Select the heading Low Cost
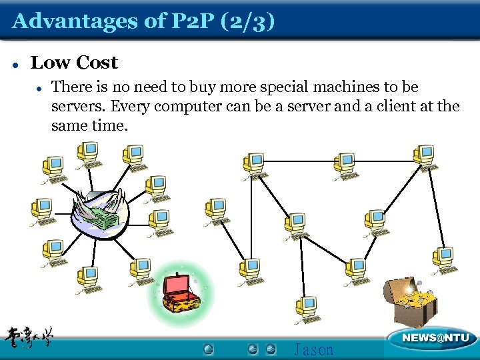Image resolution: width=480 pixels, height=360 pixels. click(74, 63)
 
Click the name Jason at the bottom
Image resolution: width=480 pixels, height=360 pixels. click(313, 349)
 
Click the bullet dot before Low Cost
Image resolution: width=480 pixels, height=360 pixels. click(15, 64)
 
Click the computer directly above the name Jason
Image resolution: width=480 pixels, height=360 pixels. click(307, 307)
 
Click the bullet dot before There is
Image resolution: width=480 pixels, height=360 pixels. click(40, 87)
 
